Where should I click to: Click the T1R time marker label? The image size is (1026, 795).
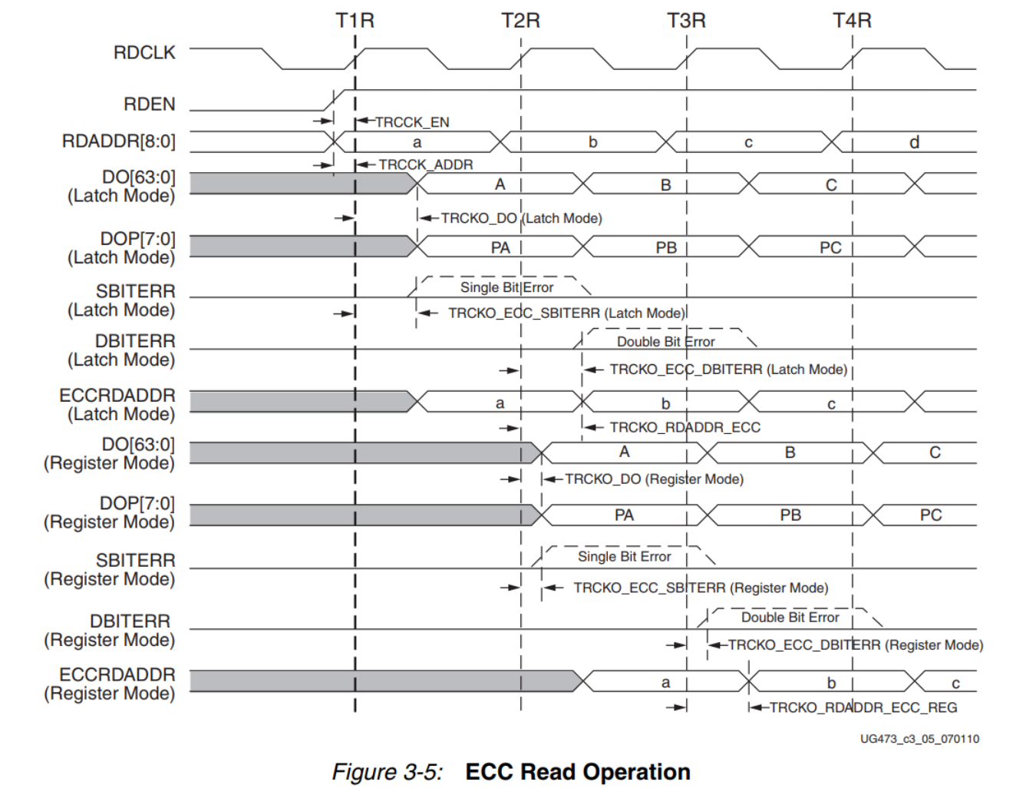pos(355,21)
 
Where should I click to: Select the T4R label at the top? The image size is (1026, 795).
pos(852,21)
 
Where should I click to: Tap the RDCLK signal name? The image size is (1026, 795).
pos(144,53)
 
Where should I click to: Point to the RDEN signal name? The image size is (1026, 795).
pos(150,104)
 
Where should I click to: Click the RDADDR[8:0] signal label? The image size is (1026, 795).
pos(119,142)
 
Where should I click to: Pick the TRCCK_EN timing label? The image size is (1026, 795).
pos(412,122)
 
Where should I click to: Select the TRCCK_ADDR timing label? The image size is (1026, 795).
pos(426,164)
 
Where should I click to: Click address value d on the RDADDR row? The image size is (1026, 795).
pos(914,142)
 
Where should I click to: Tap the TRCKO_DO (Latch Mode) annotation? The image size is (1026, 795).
pos(522,218)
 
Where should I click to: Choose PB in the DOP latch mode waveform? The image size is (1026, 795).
pos(666,247)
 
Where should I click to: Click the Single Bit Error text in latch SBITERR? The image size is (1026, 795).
pos(506,287)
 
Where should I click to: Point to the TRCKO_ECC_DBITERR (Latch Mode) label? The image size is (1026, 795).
pos(728,369)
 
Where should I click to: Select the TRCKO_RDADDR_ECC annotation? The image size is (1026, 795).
pos(685,427)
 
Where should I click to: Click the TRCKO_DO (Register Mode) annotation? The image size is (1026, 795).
pos(654,479)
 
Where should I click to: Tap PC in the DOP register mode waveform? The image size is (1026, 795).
pos(931,515)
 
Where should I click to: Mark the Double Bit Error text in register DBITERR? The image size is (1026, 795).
pos(790,618)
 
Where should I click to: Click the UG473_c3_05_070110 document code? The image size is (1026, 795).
pos(919,739)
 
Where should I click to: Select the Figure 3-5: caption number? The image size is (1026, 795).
pos(388,771)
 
